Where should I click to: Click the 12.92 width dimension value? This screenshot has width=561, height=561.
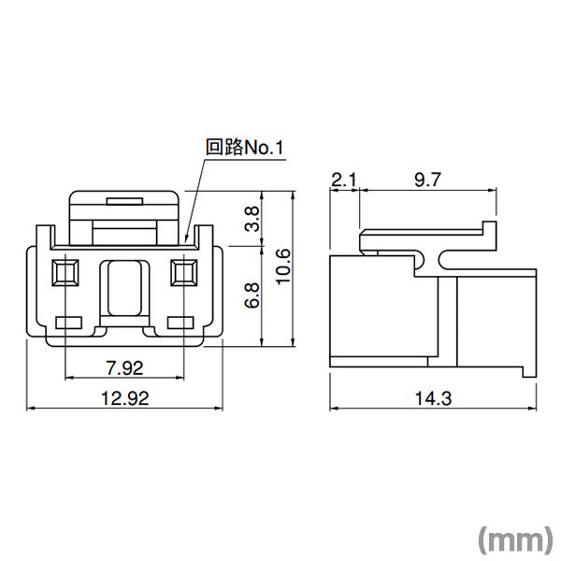[123, 396]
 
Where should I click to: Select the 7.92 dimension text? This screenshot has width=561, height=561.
[123, 366]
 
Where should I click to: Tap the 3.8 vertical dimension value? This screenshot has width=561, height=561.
[252, 220]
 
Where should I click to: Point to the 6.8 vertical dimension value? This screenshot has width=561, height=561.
[252, 295]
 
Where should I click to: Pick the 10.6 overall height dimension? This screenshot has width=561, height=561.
[284, 267]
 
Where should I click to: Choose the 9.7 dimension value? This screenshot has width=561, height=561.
[426, 180]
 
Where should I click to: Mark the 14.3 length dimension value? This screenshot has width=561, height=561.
[434, 396]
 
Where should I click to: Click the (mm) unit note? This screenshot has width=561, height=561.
[514, 540]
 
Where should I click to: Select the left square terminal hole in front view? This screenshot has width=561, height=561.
[64, 273]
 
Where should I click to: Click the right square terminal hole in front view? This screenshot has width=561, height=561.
[182, 273]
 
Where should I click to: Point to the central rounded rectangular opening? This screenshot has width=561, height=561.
[123, 289]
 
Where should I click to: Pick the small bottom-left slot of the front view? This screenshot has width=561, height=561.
[69, 324]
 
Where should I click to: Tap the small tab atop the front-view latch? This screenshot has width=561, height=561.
[123, 201]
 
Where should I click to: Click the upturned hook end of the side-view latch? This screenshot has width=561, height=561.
[488, 228]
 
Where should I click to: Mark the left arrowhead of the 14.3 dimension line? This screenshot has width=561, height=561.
[334, 409]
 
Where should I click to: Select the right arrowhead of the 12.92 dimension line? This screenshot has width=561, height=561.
[218, 409]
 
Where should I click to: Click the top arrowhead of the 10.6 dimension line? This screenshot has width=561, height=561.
[266, 196]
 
